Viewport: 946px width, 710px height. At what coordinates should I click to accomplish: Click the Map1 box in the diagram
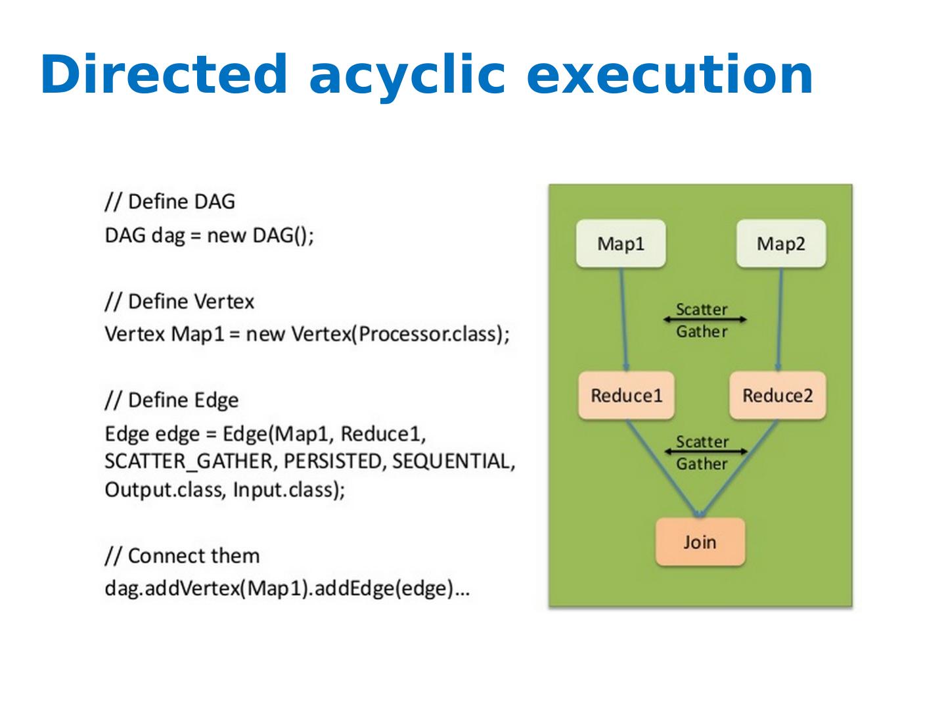[621, 243]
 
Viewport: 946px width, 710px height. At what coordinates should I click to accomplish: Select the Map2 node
[781, 243]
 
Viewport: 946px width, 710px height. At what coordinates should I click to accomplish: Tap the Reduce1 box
[626, 395]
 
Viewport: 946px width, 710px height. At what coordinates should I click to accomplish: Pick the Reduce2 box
[777, 395]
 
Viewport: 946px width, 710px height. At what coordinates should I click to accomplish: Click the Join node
[700, 542]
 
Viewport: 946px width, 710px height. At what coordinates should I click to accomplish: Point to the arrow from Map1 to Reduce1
[623, 319]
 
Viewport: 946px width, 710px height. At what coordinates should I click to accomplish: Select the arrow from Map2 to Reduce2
[780, 319]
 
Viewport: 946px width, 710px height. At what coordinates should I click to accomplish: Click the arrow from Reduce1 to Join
[663, 469]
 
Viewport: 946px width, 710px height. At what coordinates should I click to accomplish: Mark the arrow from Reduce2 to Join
[738, 469]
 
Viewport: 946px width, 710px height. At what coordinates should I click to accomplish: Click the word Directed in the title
[164, 74]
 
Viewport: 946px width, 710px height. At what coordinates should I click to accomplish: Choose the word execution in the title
[669, 74]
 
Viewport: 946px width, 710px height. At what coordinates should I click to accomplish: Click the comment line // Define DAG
[170, 202]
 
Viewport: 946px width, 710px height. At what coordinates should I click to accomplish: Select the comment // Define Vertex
[180, 301]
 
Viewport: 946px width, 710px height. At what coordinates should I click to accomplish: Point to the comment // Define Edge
[171, 400]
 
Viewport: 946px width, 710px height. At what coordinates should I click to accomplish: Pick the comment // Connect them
[183, 556]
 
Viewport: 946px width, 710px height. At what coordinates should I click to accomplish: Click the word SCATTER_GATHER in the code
[189, 461]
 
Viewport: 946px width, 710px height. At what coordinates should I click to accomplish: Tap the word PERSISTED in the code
[333, 461]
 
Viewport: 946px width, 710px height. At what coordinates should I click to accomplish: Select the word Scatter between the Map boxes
[702, 309]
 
